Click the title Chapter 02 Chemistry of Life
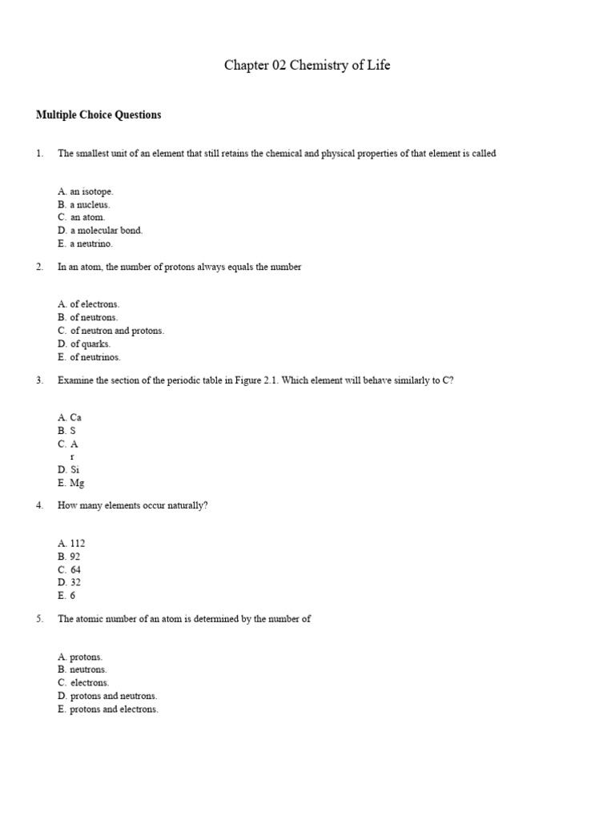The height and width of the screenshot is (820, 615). point(307,66)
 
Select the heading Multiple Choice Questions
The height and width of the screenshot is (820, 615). point(98,115)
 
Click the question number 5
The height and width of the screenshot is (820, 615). point(39,619)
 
